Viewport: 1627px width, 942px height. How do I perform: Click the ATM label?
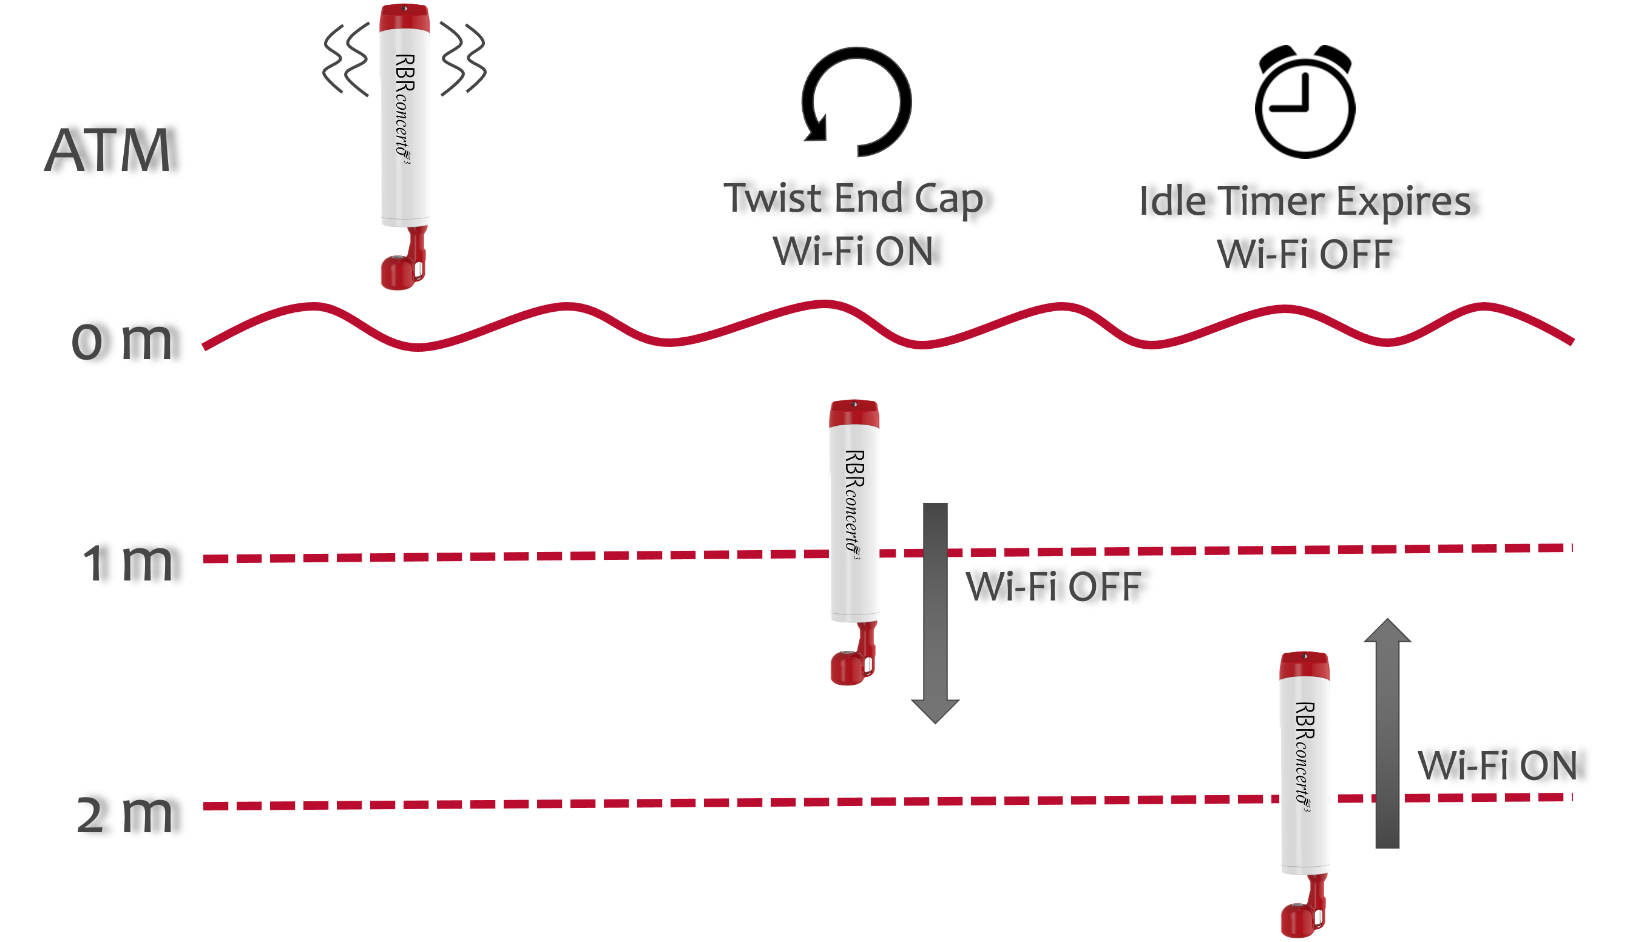(x=108, y=150)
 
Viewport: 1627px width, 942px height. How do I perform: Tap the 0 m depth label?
(x=122, y=340)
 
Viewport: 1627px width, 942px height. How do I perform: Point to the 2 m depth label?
(x=124, y=814)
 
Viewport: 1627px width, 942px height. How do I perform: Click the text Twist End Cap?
(x=853, y=198)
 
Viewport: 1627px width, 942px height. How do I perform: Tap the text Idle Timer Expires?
(x=1304, y=202)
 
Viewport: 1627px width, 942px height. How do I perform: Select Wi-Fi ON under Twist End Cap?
(x=853, y=251)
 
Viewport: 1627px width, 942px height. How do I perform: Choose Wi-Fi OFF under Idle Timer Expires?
(x=1304, y=254)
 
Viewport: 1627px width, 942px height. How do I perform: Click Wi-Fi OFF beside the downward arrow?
(x=1053, y=587)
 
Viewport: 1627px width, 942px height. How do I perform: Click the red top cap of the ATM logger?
(x=404, y=18)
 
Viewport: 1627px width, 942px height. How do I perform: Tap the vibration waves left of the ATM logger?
(x=347, y=60)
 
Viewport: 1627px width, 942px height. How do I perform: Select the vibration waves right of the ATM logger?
(x=462, y=60)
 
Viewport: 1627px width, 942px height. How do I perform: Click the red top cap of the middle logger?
(x=854, y=413)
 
